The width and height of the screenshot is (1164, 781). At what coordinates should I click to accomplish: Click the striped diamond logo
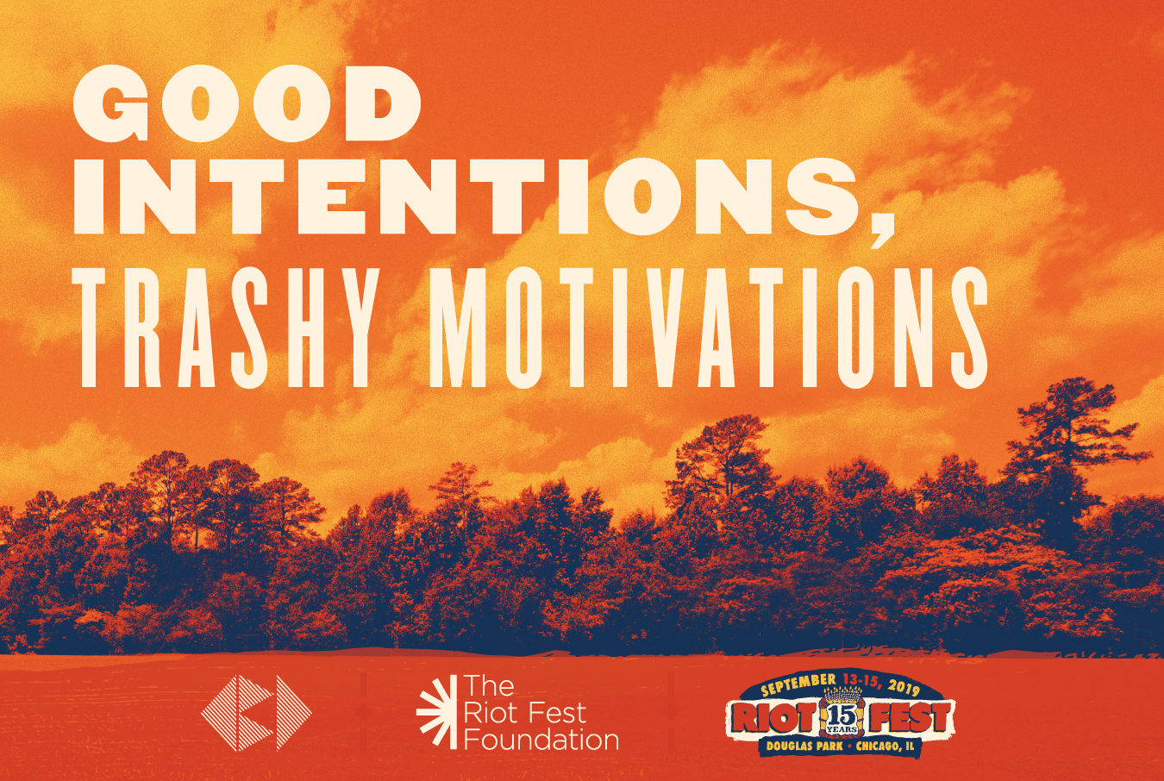(x=256, y=713)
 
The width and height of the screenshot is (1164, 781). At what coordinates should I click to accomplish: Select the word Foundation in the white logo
(x=541, y=740)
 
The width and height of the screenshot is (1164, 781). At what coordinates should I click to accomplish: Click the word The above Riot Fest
(x=489, y=686)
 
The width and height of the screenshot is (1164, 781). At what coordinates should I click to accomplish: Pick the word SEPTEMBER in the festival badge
(x=799, y=684)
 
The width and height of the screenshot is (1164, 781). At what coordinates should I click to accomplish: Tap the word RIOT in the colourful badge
(x=773, y=717)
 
